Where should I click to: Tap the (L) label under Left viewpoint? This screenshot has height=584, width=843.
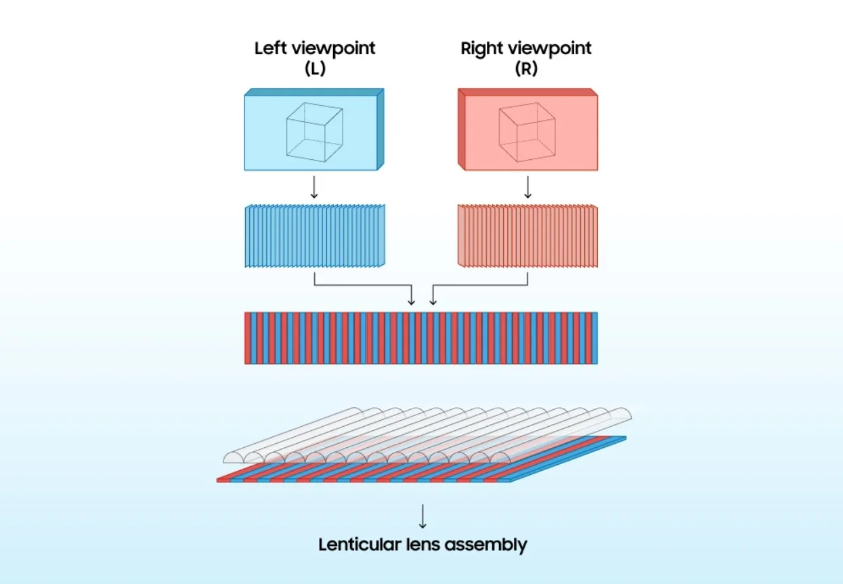314,68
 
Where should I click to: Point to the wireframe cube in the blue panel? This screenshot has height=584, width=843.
314,132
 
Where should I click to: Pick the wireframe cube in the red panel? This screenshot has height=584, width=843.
527,132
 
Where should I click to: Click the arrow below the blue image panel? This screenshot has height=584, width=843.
314,188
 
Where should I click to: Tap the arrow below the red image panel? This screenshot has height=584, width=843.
527,188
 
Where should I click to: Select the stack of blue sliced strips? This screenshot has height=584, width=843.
314,235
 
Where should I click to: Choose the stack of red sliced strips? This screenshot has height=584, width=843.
527,235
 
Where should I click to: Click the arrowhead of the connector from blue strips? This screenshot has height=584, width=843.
412,300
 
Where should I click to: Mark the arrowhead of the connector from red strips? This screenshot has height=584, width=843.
433,300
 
